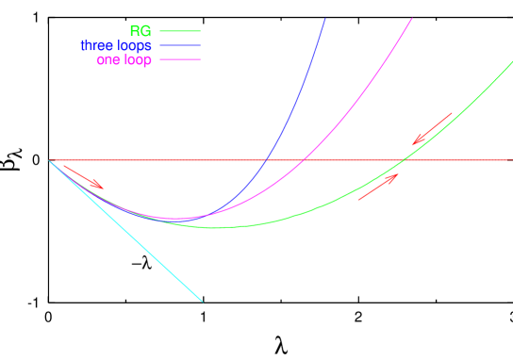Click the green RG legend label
pos(140,32)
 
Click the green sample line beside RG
pos(180,31)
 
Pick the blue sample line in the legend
pos(180,45)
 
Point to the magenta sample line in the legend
pos(180,59)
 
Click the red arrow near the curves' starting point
pos(84,176)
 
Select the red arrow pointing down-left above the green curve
pos(432,128)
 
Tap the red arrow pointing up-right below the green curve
pos(379,187)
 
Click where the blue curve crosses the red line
pos(267,160)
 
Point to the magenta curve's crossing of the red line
pos(304,160)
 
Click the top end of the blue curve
pos(324,19)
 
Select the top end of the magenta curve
pos(412,19)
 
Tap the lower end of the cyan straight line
pos(202,301)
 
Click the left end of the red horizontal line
pos(50,160)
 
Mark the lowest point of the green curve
pos(215,227)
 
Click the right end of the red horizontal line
pos(508,160)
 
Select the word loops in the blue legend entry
pos(136,45)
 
